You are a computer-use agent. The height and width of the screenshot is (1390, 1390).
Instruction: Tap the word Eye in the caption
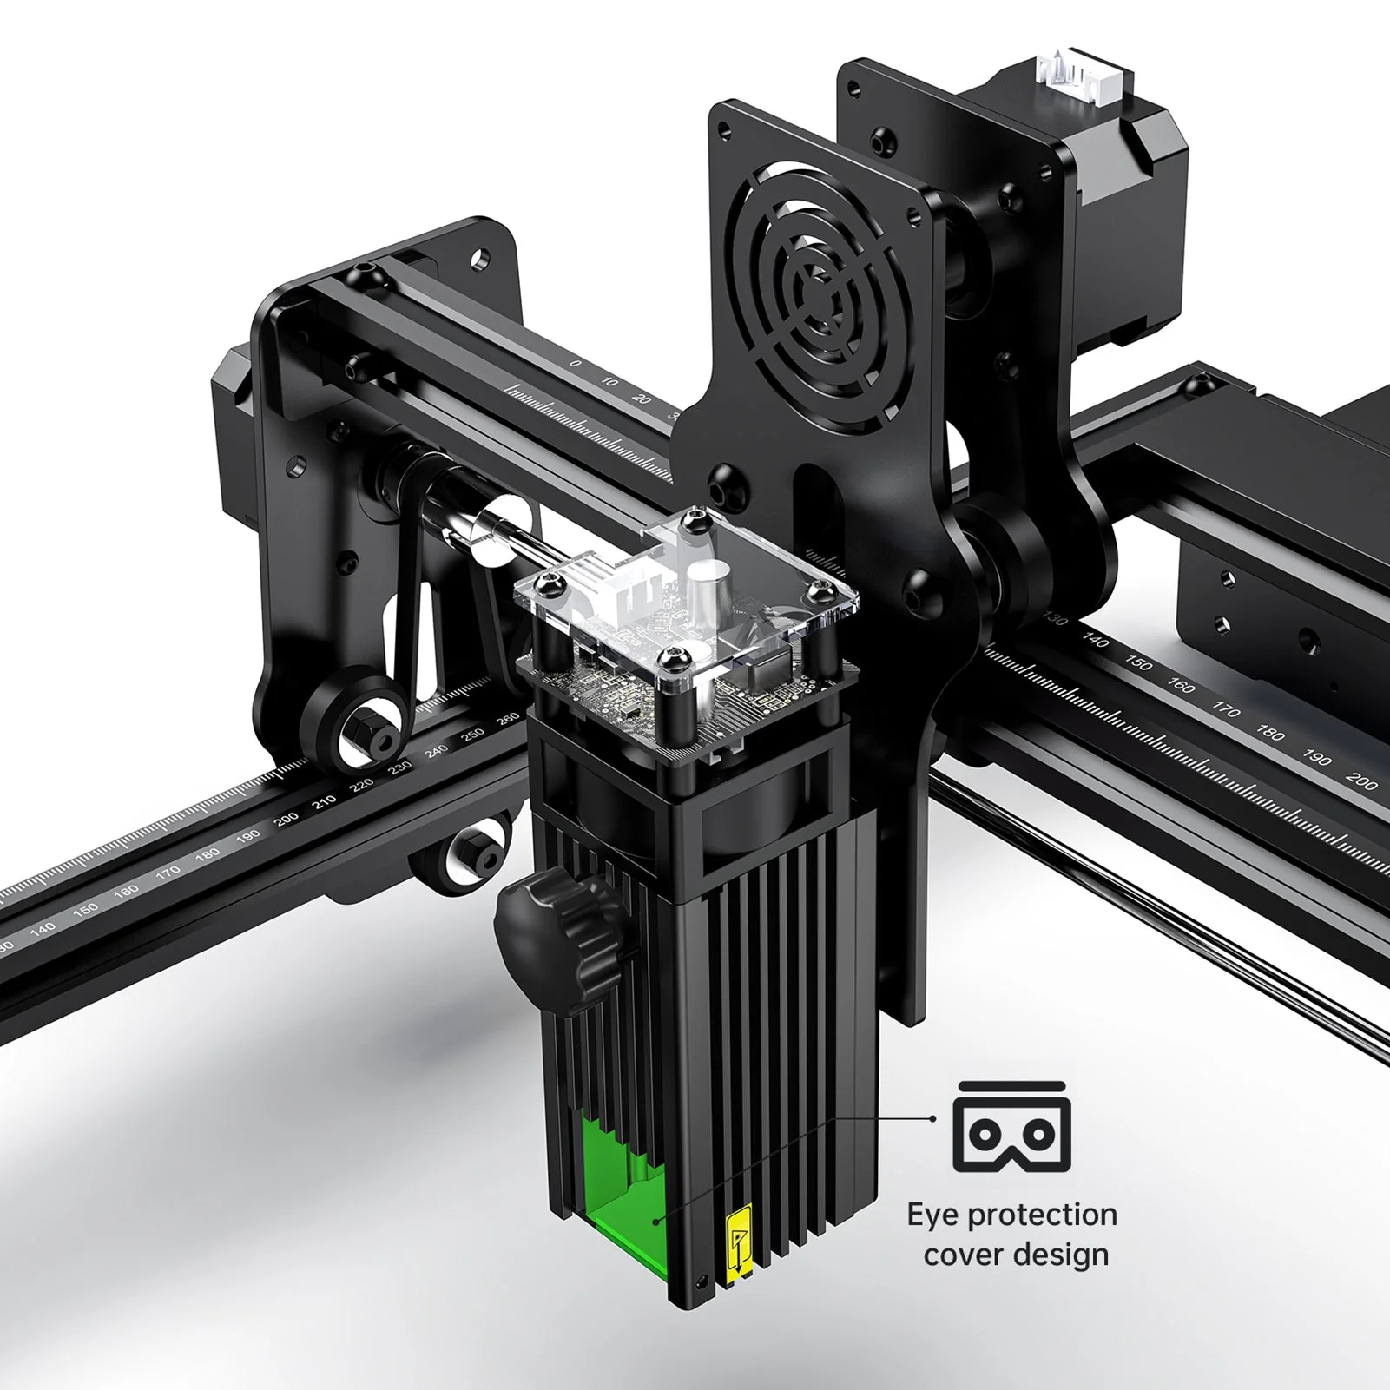click(934, 1215)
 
